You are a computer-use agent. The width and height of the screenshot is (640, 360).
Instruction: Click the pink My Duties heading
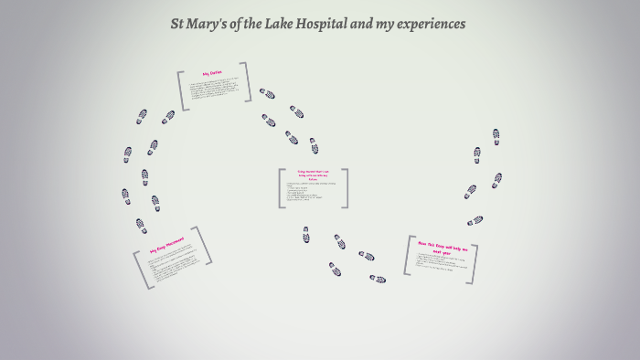tap(212, 73)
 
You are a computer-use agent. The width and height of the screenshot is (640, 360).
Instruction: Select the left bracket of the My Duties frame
tap(182, 90)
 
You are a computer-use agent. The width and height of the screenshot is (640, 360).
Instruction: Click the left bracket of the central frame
tap(282, 188)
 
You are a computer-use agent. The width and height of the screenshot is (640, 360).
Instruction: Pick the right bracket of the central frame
tap(345, 188)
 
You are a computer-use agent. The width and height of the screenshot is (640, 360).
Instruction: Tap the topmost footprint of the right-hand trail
tap(496, 134)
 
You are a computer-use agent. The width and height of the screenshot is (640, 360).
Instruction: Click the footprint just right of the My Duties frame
tap(267, 93)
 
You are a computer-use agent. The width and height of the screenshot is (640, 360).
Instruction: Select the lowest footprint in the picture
tap(378, 279)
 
